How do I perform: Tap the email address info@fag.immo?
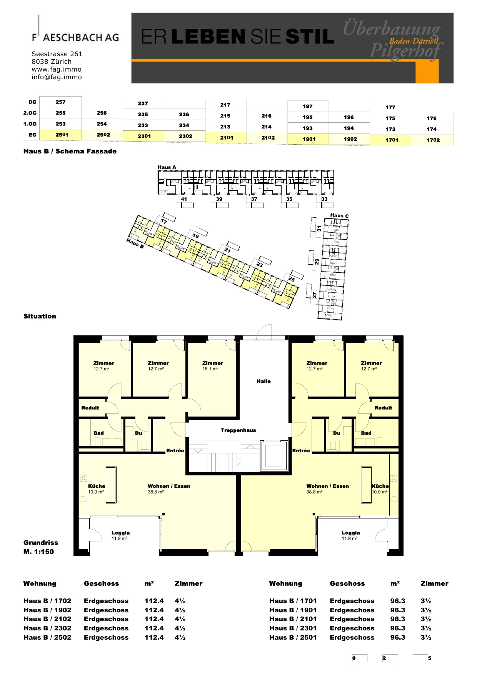pos(57,77)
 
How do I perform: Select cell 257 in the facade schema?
pos(60,102)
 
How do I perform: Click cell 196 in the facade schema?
pos(349,117)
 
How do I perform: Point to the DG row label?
pos(32,102)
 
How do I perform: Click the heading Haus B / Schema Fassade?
pos(70,151)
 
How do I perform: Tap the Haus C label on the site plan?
pos(339,215)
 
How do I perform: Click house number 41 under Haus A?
pos(184,199)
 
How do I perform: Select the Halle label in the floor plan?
pos(264,381)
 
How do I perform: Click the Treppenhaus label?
pos(238,430)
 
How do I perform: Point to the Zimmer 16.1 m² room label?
pos(212,366)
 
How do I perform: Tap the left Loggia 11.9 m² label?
pos(120,535)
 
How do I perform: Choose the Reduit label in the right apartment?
pos(383,408)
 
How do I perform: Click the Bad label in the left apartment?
pos(98,433)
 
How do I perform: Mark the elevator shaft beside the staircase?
pos(274,456)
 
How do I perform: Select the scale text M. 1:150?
pos(38,552)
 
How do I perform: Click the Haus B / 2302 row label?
pos(47,628)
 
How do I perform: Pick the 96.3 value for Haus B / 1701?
pos(398,601)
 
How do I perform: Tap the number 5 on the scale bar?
pos(430,658)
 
